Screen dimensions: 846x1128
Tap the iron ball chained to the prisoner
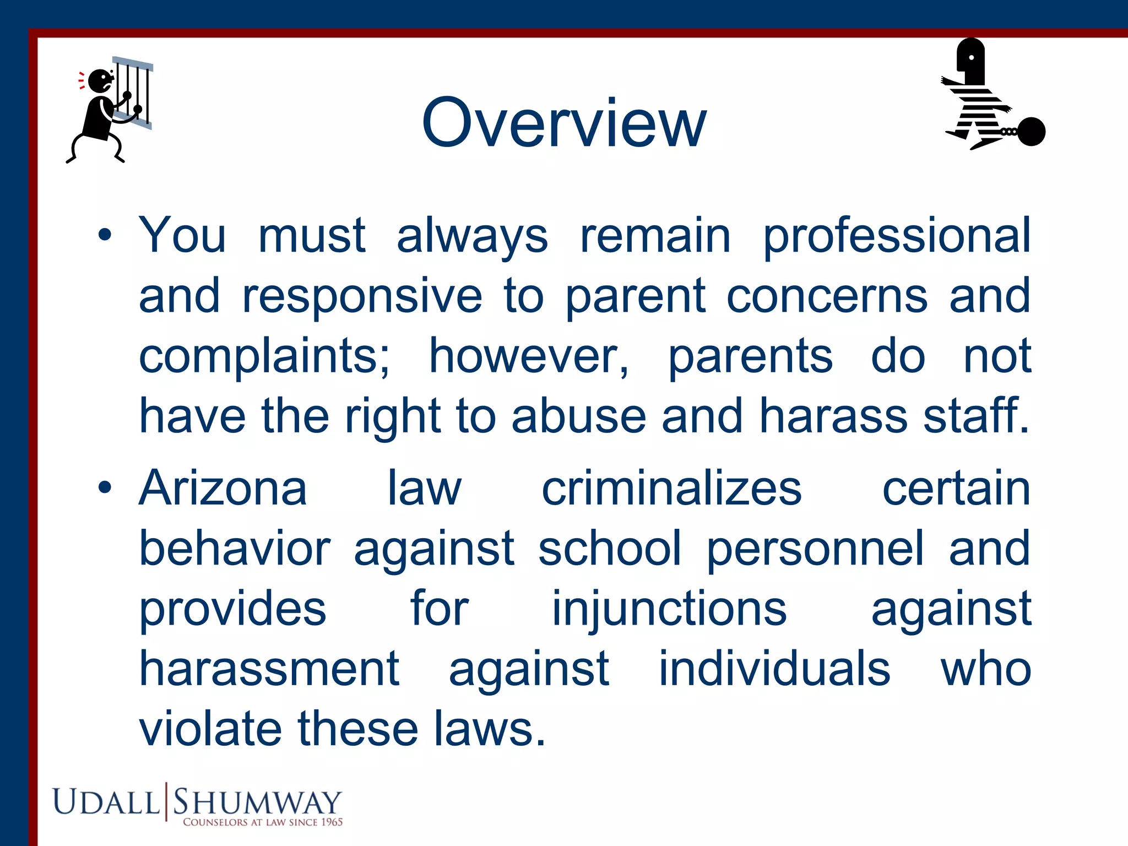click(x=1031, y=132)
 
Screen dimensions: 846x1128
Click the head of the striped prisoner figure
click(x=972, y=59)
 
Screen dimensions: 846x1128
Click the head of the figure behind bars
click(x=100, y=81)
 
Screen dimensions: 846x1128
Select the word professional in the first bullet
click(x=897, y=236)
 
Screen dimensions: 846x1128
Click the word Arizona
click(x=223, y=488)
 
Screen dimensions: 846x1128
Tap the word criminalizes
click(x=671, y=488)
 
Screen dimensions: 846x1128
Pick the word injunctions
click(x=669, y=609)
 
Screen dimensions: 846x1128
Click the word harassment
click(x=269, y=669)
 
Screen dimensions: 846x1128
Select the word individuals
click(x=774, y=669)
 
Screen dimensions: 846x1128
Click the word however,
click(x=529, y=357)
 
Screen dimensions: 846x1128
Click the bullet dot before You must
click(x=105, y=236)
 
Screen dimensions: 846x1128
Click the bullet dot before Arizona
click(x=105, y=488)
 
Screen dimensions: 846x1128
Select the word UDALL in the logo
click(x=106, y=801)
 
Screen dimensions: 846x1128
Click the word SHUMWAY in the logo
click(x=257, y=801)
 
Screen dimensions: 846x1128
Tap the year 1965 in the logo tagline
click(x=332, y=822)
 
